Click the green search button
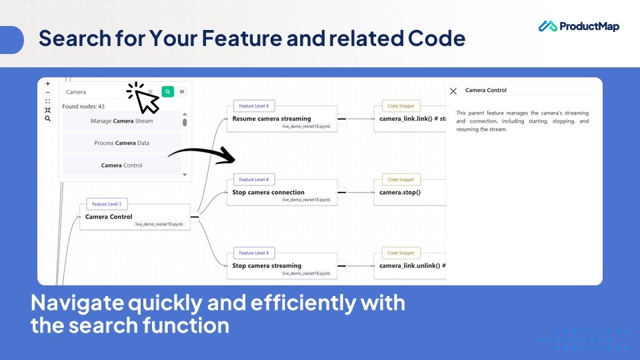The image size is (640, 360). tap(167, 92)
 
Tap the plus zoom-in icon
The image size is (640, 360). tap(47, 84)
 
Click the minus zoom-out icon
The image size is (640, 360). tap(47, 93)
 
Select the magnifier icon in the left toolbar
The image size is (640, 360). tap(47, 119)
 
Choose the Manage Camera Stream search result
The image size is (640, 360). tap(121, 121)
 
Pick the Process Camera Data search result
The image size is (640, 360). tap(121, 143)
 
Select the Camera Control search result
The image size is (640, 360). tap(121, 165)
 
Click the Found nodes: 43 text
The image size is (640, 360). tap(83, 107)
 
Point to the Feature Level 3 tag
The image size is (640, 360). tap(107, 204)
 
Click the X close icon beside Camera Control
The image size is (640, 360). tap(453, 91)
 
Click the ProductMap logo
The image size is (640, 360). tap(579, 27)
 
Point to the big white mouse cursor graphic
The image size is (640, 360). tap(146, 101)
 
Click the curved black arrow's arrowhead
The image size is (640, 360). tap(231, 158)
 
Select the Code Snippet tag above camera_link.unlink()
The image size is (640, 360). tap(401, 253)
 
